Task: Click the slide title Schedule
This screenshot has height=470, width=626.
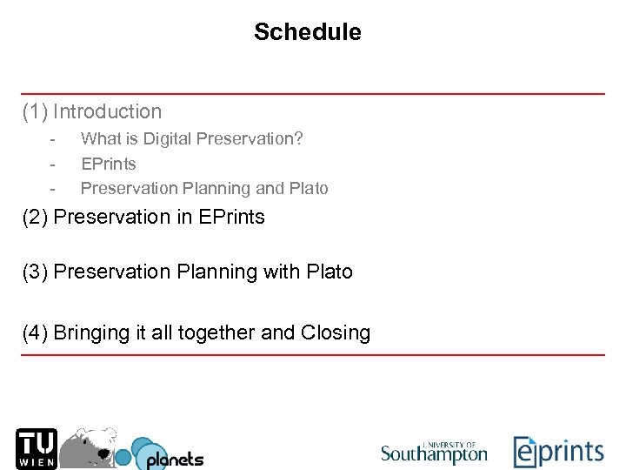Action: coord(307,32)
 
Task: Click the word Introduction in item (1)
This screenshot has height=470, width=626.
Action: coord(107,111)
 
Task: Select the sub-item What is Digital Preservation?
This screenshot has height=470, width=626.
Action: coord(191,138)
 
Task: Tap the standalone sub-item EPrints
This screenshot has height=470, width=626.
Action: coord(109,164)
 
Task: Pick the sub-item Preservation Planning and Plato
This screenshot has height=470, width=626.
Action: coord(204,188)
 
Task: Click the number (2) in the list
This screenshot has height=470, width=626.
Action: coord(36,217)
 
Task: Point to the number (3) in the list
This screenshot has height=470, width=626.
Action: coord(36,272)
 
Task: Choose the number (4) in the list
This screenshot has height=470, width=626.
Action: coord(36,332)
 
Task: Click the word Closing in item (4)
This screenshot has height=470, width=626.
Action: coord(336,332)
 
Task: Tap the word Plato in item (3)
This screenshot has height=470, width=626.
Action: coord(330,272)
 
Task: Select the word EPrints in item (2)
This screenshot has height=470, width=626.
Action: coord(231,217)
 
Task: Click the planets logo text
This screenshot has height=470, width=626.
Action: coord(174,458)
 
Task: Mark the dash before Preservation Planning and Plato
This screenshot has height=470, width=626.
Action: coord(53,189)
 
